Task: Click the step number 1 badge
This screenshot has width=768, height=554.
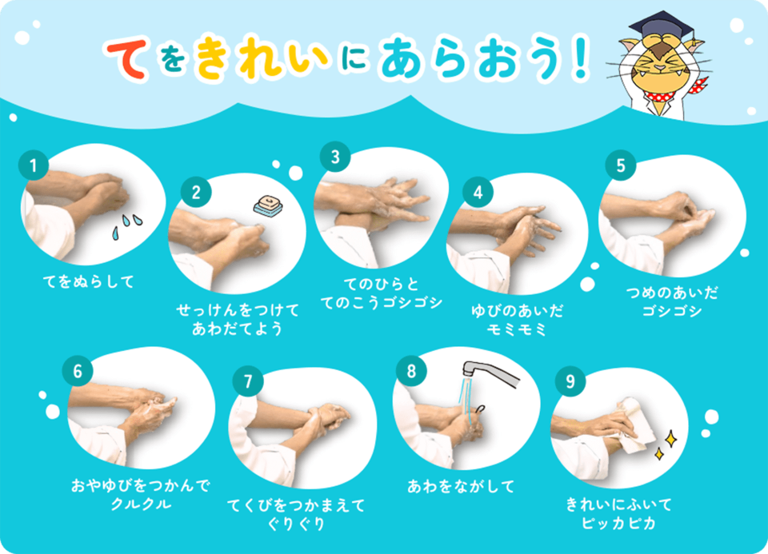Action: (x=34, y=165)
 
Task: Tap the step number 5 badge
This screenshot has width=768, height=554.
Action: (x=621, y=165)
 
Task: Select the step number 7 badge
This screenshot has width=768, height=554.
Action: (x=248, y=381)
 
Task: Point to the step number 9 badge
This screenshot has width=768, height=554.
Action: (x=570, y=381)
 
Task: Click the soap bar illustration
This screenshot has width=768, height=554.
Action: (x=269, y=205)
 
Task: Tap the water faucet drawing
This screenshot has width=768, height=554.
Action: (x=490, y=373)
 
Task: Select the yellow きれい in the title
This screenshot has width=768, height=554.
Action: (x=262, y=58)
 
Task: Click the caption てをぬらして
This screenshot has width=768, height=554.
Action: (x=89, y=282)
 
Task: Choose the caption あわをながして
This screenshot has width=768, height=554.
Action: (x=461, y=487)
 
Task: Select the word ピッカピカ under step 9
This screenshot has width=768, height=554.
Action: (x=618, y=523)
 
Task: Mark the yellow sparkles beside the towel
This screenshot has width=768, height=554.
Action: (x=666, y=444)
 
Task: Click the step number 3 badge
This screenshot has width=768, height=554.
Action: (x=335, y=157)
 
